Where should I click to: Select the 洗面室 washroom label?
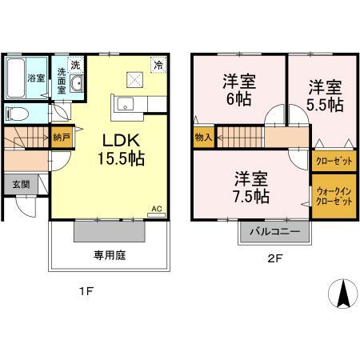61,81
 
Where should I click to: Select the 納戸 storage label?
60,137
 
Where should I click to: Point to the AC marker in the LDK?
157,209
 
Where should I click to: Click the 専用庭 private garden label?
111,256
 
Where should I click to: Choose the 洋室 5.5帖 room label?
325,96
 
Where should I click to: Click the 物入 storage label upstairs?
203,138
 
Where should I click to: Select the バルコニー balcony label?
273,232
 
